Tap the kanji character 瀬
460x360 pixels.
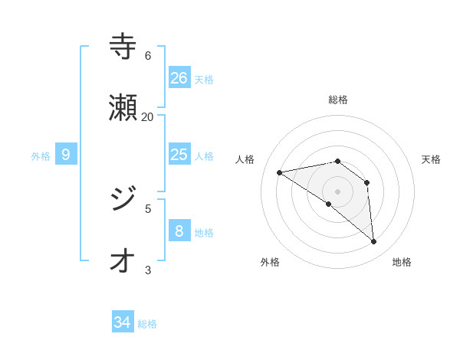pyautogui.click(x=123, y=108)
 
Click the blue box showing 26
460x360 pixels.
pyautogui.click(x=179, y=77)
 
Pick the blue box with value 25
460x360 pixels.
pyautogui.click(x=179, y=154)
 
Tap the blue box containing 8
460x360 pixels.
pyautogui.click(x=179, y=231)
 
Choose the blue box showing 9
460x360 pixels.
pyautogui.click(x=66, y=154)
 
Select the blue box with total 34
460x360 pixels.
pyautogui.click(x=123, y=322)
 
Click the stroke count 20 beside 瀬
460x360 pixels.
pyautogui.click(x=147, y=116)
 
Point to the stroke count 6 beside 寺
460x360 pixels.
pyautogui.click(x=147, y=55)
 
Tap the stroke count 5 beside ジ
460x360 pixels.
pyautogui.click(x=147, y=208)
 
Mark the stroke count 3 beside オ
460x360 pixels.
pyautogui.click(x=147, y=269)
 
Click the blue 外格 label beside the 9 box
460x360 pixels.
pyautogui.click(x=41, y=155)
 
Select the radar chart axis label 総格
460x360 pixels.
pyautogui.click(x=337, y=100)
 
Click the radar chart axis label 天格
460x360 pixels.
pyautogui.click(x=431, y=159)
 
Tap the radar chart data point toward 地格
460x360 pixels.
pyautogui.click(x=373, y=242)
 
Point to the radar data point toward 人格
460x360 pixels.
pyautogui.click(x=280, y=172)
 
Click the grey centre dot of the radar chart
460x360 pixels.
pyautogui.click(x=337, y=191)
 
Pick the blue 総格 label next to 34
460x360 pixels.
pyautogui.click(x=147, y=324)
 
